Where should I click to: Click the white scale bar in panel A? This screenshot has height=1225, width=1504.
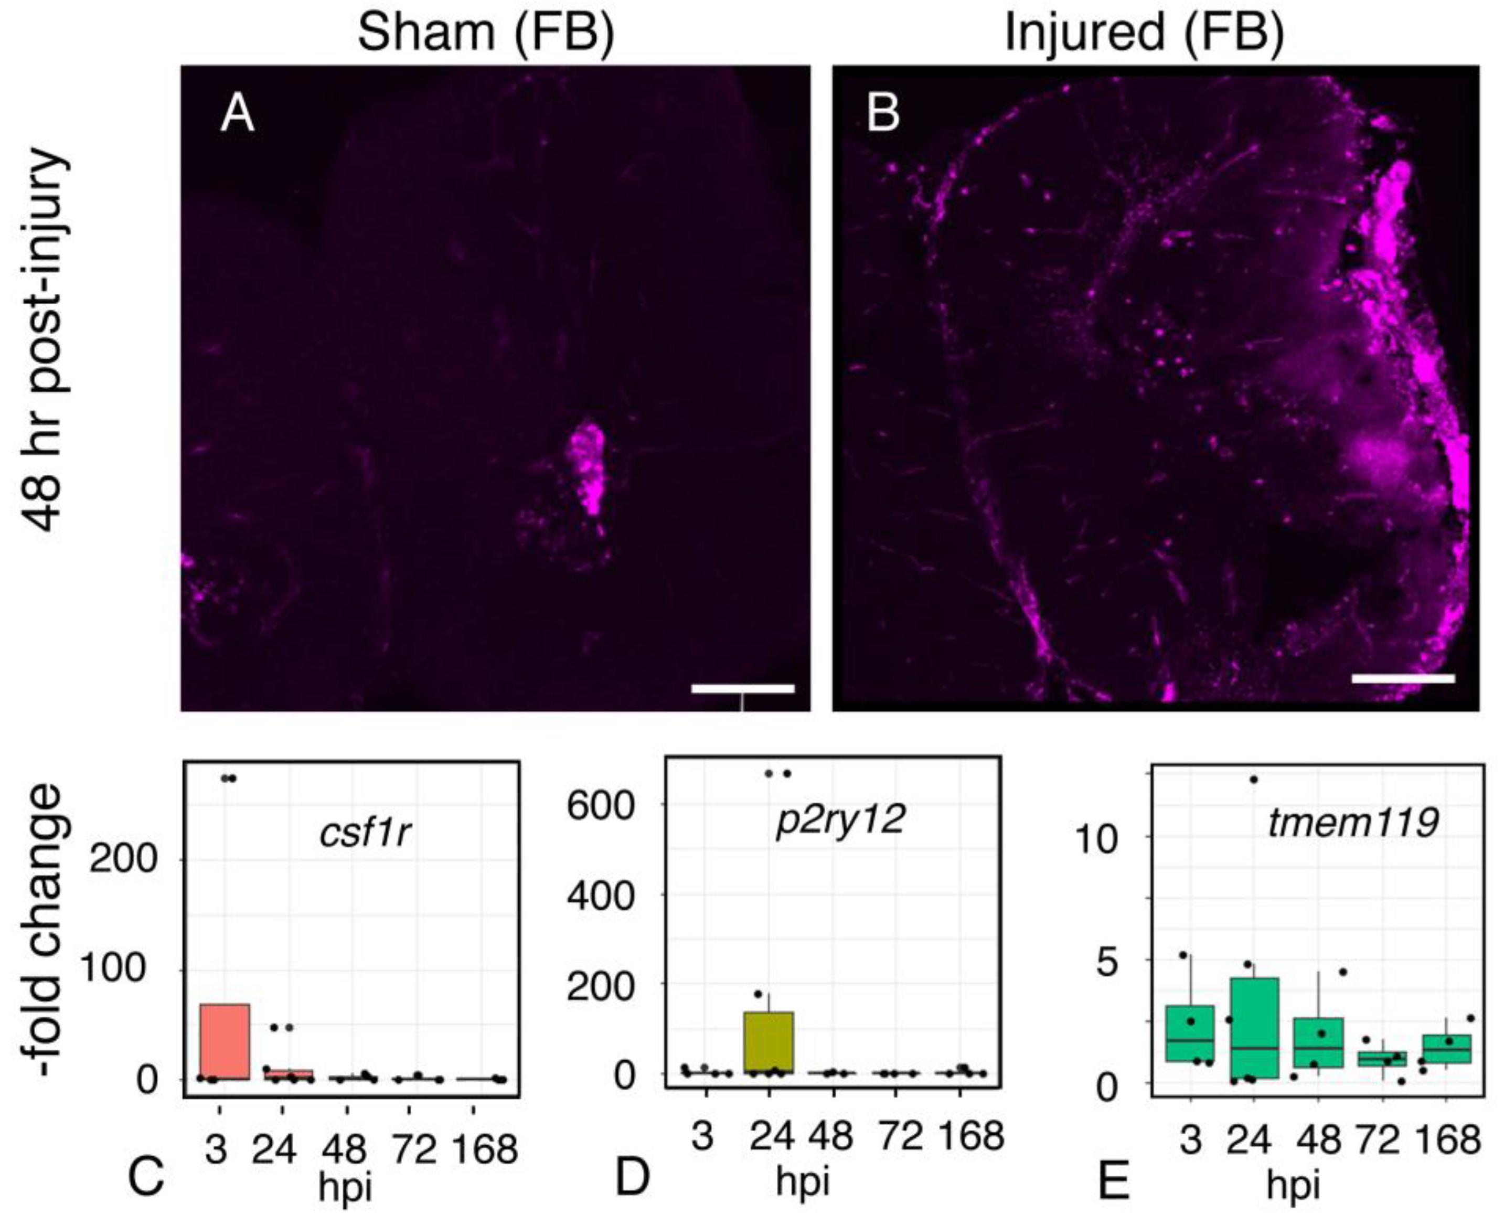pos(742,688)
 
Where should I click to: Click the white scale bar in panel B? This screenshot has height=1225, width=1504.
pos(1403,679)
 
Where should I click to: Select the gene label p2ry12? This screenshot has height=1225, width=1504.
pos(839,819)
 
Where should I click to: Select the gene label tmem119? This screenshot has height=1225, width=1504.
pos(1352,823)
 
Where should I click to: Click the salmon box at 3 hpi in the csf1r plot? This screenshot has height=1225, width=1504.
pos(225,1041)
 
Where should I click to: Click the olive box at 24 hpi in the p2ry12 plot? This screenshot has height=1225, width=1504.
pos(770,1042)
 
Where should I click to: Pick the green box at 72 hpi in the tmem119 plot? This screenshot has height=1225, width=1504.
pos(1383,1059)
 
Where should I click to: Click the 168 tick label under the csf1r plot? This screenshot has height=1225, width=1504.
pos(485,1149)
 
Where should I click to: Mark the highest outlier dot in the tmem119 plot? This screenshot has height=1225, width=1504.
pos(1254,780)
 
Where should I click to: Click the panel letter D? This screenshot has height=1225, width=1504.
pos(632,1178)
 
